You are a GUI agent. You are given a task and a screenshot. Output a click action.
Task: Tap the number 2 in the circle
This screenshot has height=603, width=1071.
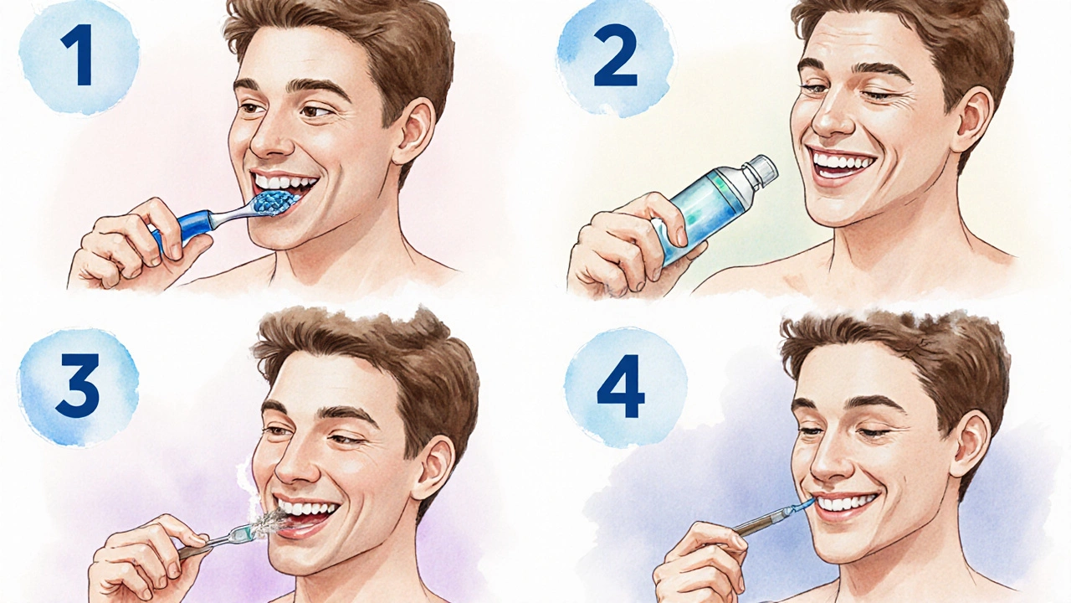[615, 55]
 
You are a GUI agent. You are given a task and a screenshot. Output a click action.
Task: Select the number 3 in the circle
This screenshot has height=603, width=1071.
[78, 386]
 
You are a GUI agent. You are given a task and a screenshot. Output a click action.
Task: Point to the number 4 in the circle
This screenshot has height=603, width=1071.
[621, 386]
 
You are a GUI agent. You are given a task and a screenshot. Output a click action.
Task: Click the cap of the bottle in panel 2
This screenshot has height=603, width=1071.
[759, 172]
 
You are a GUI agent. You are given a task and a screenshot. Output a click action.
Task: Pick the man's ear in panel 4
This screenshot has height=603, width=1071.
[973, 447]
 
